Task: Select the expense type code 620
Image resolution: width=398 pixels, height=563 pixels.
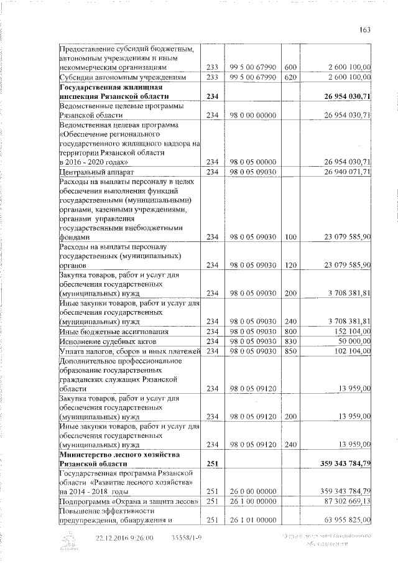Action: coord(290,77)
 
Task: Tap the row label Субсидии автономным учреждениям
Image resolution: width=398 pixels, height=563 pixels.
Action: coord(122,77)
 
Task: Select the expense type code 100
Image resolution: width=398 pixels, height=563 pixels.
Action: coord(290,237)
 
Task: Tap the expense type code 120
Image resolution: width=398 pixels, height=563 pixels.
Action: coord(290,265)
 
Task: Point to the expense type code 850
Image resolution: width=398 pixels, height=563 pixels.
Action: coord(290,351)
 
